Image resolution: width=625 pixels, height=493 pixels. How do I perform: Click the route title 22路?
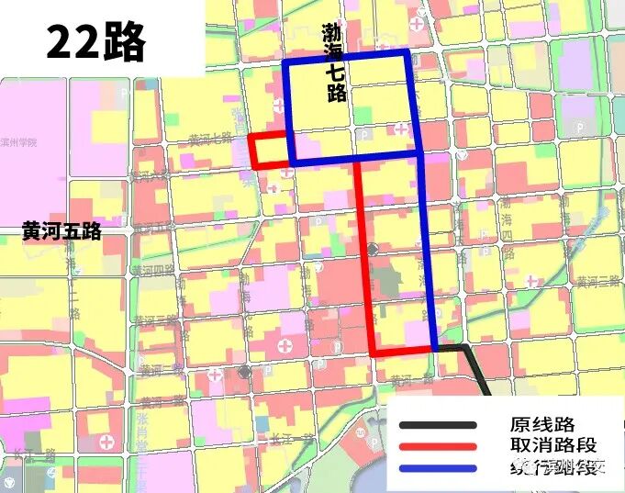click(x=95, y=42)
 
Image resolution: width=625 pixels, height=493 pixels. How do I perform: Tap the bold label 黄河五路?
click(x=61, y=233)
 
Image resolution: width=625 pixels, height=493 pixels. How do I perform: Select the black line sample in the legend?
click(x=438, y=425)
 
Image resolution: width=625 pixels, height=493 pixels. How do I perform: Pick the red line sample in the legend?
click(x=438, y=446)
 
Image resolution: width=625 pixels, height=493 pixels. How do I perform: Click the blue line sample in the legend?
click(x=438, y=468)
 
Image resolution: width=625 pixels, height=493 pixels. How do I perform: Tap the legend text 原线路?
click(x=541, y=425)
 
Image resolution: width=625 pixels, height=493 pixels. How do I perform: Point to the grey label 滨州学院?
click(x=18, y=143)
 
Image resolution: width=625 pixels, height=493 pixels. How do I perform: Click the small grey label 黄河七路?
click(x=210, y=140)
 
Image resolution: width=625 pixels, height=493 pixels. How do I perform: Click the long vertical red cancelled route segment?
click(x=363, y=257)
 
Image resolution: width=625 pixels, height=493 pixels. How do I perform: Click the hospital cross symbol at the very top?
click(x=419, y=20)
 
